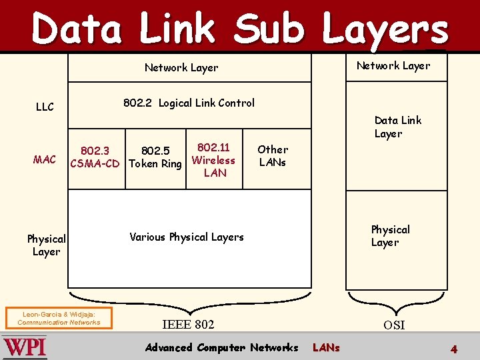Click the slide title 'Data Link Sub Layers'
[240, 29]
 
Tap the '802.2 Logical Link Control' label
[189, 103]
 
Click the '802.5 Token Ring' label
[155, 157]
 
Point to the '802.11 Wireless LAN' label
[213, 160]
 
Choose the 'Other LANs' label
[273, 155]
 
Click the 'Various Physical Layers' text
[187, 237]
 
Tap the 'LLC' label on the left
[45, 107]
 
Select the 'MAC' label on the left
[45, 159]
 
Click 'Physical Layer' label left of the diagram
[46, 245]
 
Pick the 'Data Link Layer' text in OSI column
[397, 127]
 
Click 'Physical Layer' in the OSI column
[390, 236]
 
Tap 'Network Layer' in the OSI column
[393, 65]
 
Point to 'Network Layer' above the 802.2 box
[181, 67]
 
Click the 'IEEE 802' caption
[189, 325]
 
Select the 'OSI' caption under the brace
[393, 325]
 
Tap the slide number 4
[453, 349]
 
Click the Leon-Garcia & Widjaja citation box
[59, 318]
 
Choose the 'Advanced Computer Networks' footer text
[221, 347]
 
